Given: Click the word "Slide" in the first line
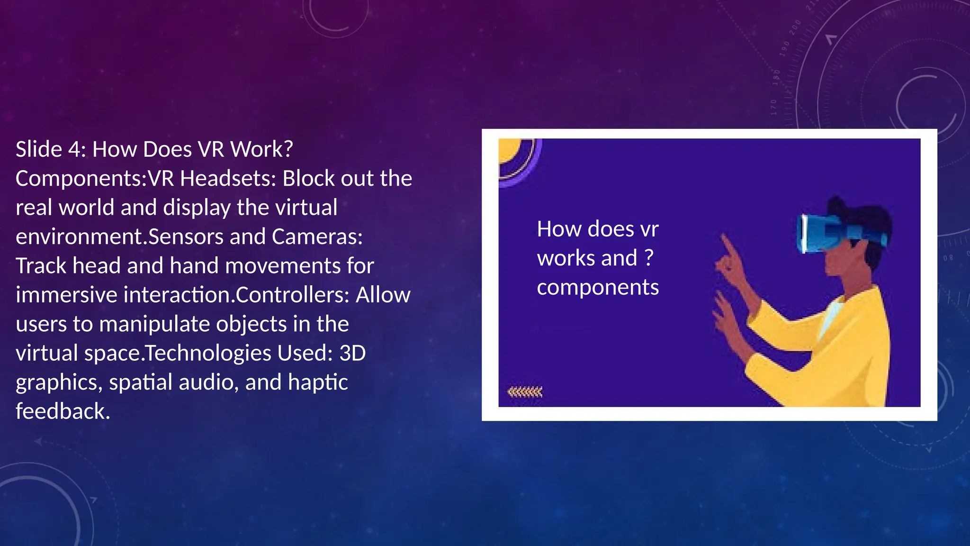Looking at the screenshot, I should (39, 149).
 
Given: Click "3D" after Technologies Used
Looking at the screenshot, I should (352, 353).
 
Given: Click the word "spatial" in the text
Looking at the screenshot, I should (141, 382).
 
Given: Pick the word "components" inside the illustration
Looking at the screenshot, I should (598, 287).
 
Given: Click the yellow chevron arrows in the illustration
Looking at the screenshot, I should (525, 392).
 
